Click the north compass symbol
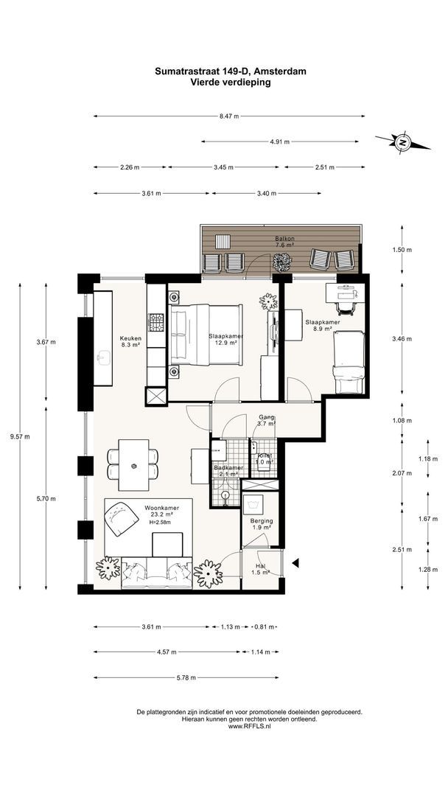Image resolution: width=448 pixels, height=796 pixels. [403, 142]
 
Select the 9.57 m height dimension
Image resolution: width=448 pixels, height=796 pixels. [24, 436]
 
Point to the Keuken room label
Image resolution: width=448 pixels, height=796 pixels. [130, 338]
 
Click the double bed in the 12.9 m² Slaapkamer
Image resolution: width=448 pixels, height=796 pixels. [206, 335]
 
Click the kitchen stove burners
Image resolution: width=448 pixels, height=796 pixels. [156, 322]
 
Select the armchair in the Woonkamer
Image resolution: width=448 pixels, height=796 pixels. [122, 518]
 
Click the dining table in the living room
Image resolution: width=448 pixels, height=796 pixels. [133, 464]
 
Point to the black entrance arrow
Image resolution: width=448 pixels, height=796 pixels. [295, 562]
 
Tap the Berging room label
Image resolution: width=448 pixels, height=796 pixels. [262, 521]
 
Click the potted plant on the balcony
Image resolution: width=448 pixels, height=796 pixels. [282, 262]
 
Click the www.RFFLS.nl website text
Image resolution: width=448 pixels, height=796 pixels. [249, 727]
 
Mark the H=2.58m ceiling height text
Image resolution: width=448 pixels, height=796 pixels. [160, 522]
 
